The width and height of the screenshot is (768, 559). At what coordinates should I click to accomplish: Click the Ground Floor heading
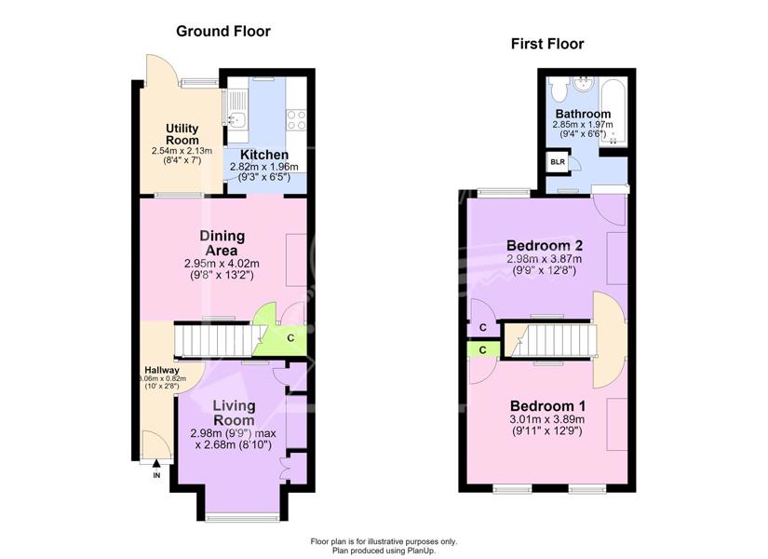coord(223,32)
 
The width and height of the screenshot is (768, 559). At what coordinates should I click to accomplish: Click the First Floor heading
coord(547,44)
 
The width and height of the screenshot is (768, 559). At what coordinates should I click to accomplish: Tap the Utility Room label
coord(182,134)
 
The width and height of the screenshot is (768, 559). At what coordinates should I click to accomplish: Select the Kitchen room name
coord(264,155)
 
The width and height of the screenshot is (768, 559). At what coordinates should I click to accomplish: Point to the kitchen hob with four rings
coord(297,119)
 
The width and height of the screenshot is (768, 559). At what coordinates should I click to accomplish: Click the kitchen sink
coord(237,118)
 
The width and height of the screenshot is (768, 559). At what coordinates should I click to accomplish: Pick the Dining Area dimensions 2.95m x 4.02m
coord(222,264)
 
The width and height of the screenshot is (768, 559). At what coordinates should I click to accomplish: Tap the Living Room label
coord(234,413)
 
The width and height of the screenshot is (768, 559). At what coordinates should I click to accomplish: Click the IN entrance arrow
coord(156,463)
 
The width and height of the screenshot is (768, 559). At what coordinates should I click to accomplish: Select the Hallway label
coord(162,370)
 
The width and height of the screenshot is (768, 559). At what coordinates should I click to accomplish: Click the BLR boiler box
coord(558,162)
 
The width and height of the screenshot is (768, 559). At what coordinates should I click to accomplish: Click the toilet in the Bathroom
coord(558,89)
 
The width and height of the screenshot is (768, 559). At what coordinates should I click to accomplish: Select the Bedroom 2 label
coord(545,245)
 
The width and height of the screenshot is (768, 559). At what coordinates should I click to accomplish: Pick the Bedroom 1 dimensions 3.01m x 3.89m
coord(547,420)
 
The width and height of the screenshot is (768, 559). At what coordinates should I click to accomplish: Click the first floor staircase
coord(551,341)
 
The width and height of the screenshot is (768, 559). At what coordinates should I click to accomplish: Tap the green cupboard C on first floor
coord(483,349)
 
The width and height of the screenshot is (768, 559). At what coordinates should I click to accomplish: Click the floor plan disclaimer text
coord(384,546)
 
